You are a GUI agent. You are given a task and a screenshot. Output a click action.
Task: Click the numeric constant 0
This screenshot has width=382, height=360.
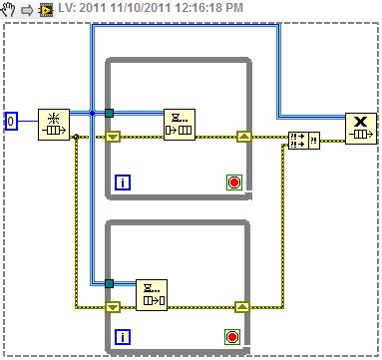coord(11,121)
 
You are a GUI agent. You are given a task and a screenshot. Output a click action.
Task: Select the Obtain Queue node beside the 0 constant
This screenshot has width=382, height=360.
coord(54,125)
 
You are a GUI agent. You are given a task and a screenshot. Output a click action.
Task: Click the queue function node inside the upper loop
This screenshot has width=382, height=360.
coord(180,125)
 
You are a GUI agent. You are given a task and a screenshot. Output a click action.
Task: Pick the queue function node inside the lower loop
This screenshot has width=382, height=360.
coord(152,295)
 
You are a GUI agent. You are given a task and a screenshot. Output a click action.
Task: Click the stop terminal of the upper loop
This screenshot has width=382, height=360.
coord(234,181)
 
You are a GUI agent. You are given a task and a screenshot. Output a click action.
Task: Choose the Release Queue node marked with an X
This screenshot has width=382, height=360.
coord(360,130)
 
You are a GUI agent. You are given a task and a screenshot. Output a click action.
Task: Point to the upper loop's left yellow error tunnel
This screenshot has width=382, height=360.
coord(112,137)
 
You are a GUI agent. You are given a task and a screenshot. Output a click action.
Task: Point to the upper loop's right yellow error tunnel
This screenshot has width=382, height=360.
coord(243,137)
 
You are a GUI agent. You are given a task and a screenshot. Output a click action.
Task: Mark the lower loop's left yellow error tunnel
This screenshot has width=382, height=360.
coord(112,307)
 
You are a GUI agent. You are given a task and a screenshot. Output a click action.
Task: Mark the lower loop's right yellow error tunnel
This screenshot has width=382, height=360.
coord(242,307)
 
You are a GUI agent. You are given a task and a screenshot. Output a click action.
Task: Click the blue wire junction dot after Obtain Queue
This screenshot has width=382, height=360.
coord(91,114)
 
